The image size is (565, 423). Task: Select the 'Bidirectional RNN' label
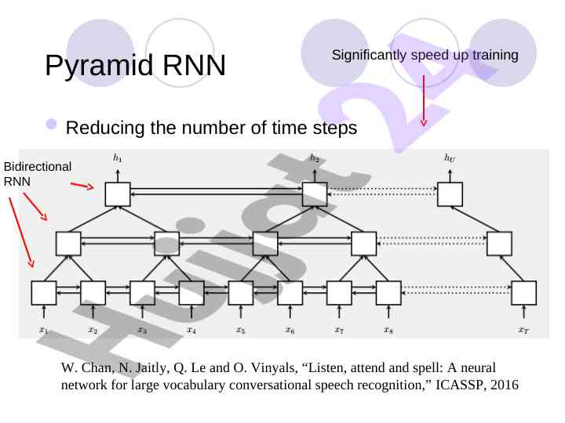(38, 174)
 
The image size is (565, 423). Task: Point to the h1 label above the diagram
(118, 157)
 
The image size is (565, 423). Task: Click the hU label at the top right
(450, 157)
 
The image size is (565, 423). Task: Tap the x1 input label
(44, 330)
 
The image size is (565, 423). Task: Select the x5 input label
(241, 330)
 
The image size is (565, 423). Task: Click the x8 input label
(388, 330)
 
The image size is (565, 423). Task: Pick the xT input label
(523, 330)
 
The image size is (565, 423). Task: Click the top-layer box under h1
(118, 193)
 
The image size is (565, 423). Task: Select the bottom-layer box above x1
(44, 293)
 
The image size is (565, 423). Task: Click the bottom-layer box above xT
(523, 293)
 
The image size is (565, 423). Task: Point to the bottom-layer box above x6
(290, 293)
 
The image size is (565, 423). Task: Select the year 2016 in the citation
(503, 385)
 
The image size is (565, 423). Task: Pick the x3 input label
(142, 330)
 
